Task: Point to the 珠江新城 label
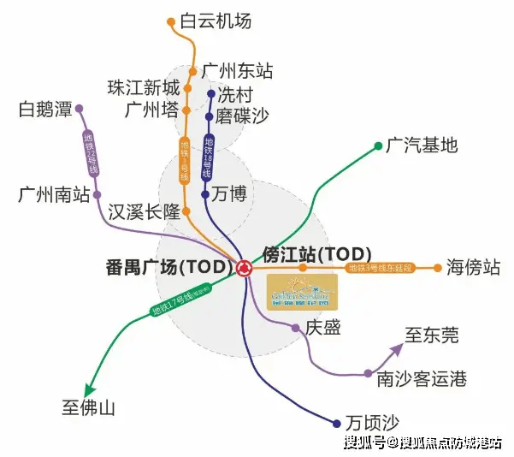tap(144, 88)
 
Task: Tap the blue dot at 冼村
tap(210, 94)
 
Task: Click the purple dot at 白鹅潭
tap(79, 109)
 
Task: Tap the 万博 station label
tap(230, 195)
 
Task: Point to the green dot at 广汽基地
tap(378, 146)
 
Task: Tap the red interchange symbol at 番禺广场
tap(245, 269)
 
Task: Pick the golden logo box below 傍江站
tap(302, 293)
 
